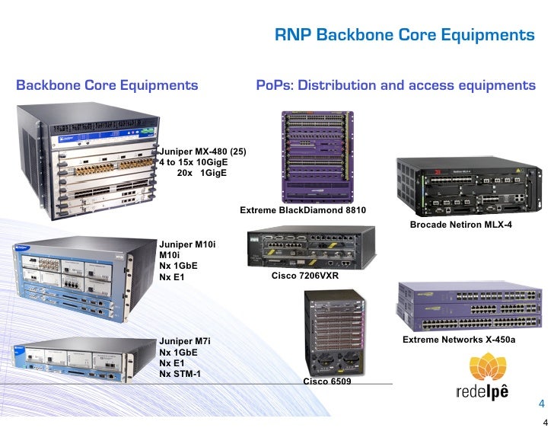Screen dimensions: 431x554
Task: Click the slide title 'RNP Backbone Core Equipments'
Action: point(404,35)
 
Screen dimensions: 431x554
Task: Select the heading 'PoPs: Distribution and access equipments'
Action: point(396,85)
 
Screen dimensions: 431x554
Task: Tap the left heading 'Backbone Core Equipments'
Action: point(107,85)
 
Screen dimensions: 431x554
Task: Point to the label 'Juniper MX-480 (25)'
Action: point(202,151)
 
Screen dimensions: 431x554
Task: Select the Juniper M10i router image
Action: point(82,276)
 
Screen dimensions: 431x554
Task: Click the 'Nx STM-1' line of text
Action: point(180,374)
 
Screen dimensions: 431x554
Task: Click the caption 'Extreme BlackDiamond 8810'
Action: point(303,209)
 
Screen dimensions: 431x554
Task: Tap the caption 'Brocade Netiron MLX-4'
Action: point(461,225)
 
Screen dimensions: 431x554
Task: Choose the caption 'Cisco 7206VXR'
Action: point(305,276)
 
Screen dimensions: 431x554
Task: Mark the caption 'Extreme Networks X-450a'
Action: point(458,339)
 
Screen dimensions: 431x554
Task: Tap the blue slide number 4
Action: point(542,403)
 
